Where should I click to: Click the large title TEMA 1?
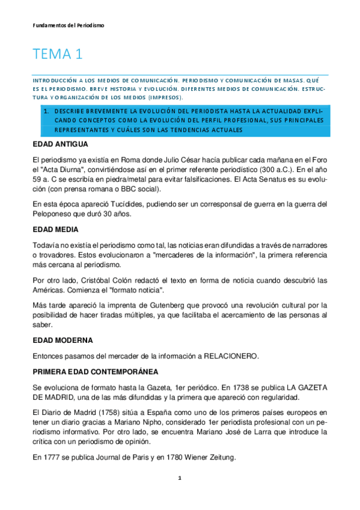(58, 55)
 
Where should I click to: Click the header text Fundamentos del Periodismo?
(69, 26)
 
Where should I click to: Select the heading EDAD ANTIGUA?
(61, 145)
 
